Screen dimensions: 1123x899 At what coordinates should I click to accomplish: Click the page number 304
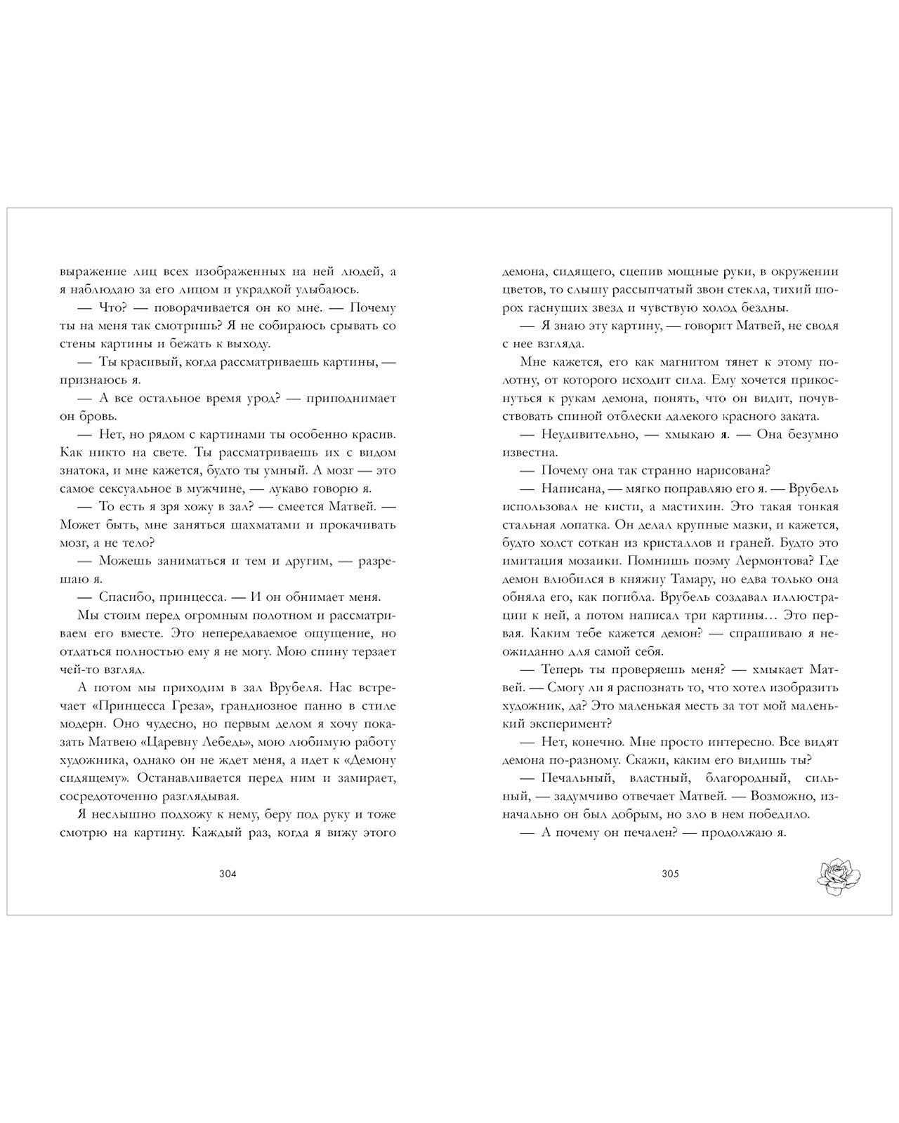point(228,874)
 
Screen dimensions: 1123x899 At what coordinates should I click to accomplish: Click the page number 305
point(670,874)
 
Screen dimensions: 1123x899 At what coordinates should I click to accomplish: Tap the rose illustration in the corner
point(839,876)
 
